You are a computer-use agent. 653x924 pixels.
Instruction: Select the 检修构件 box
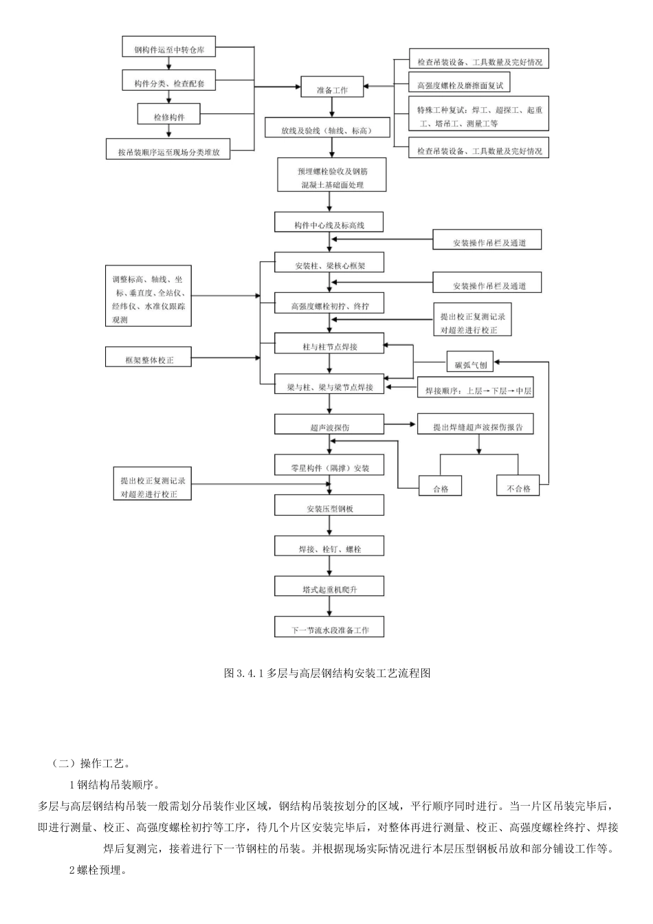[169, 116]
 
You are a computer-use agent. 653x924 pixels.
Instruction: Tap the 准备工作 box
[332, 89]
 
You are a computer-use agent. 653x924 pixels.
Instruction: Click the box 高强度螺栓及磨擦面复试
[460, 85]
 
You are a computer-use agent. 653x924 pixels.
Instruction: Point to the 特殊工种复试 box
[479, 116]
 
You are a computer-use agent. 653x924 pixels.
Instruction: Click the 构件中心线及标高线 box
[329, 224]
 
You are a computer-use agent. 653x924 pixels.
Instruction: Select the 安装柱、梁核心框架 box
[329, 265]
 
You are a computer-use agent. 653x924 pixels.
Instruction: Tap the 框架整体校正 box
[148, 359]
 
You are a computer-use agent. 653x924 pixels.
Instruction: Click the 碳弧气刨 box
[470, 364]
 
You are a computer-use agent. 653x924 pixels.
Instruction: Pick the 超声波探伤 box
[329, 426]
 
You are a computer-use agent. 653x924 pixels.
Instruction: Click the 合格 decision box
[440, 487]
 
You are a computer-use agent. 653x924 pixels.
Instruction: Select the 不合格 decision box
[518, 487]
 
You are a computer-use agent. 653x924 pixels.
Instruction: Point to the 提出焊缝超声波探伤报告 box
[478, 426]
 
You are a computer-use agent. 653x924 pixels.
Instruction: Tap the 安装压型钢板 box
[329, 508]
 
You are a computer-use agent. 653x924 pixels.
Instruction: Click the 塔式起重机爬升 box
[329, 588]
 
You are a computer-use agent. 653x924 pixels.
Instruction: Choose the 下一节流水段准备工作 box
[329, 629]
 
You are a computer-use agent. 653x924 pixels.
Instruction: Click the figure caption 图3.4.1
[326, 673]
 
